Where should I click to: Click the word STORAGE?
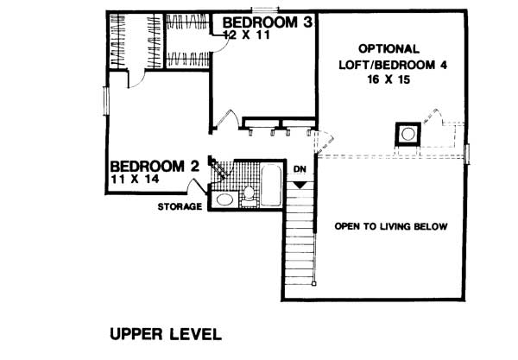tap(180, 207)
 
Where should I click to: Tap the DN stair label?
tap(300, 169)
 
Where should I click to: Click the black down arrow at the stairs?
tap(300, 183)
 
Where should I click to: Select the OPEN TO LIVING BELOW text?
tap(391, 227)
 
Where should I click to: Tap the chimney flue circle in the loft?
tap(407, 134)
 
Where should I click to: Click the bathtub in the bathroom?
tap(272, 184)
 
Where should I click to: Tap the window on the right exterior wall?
tap(467, 153)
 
